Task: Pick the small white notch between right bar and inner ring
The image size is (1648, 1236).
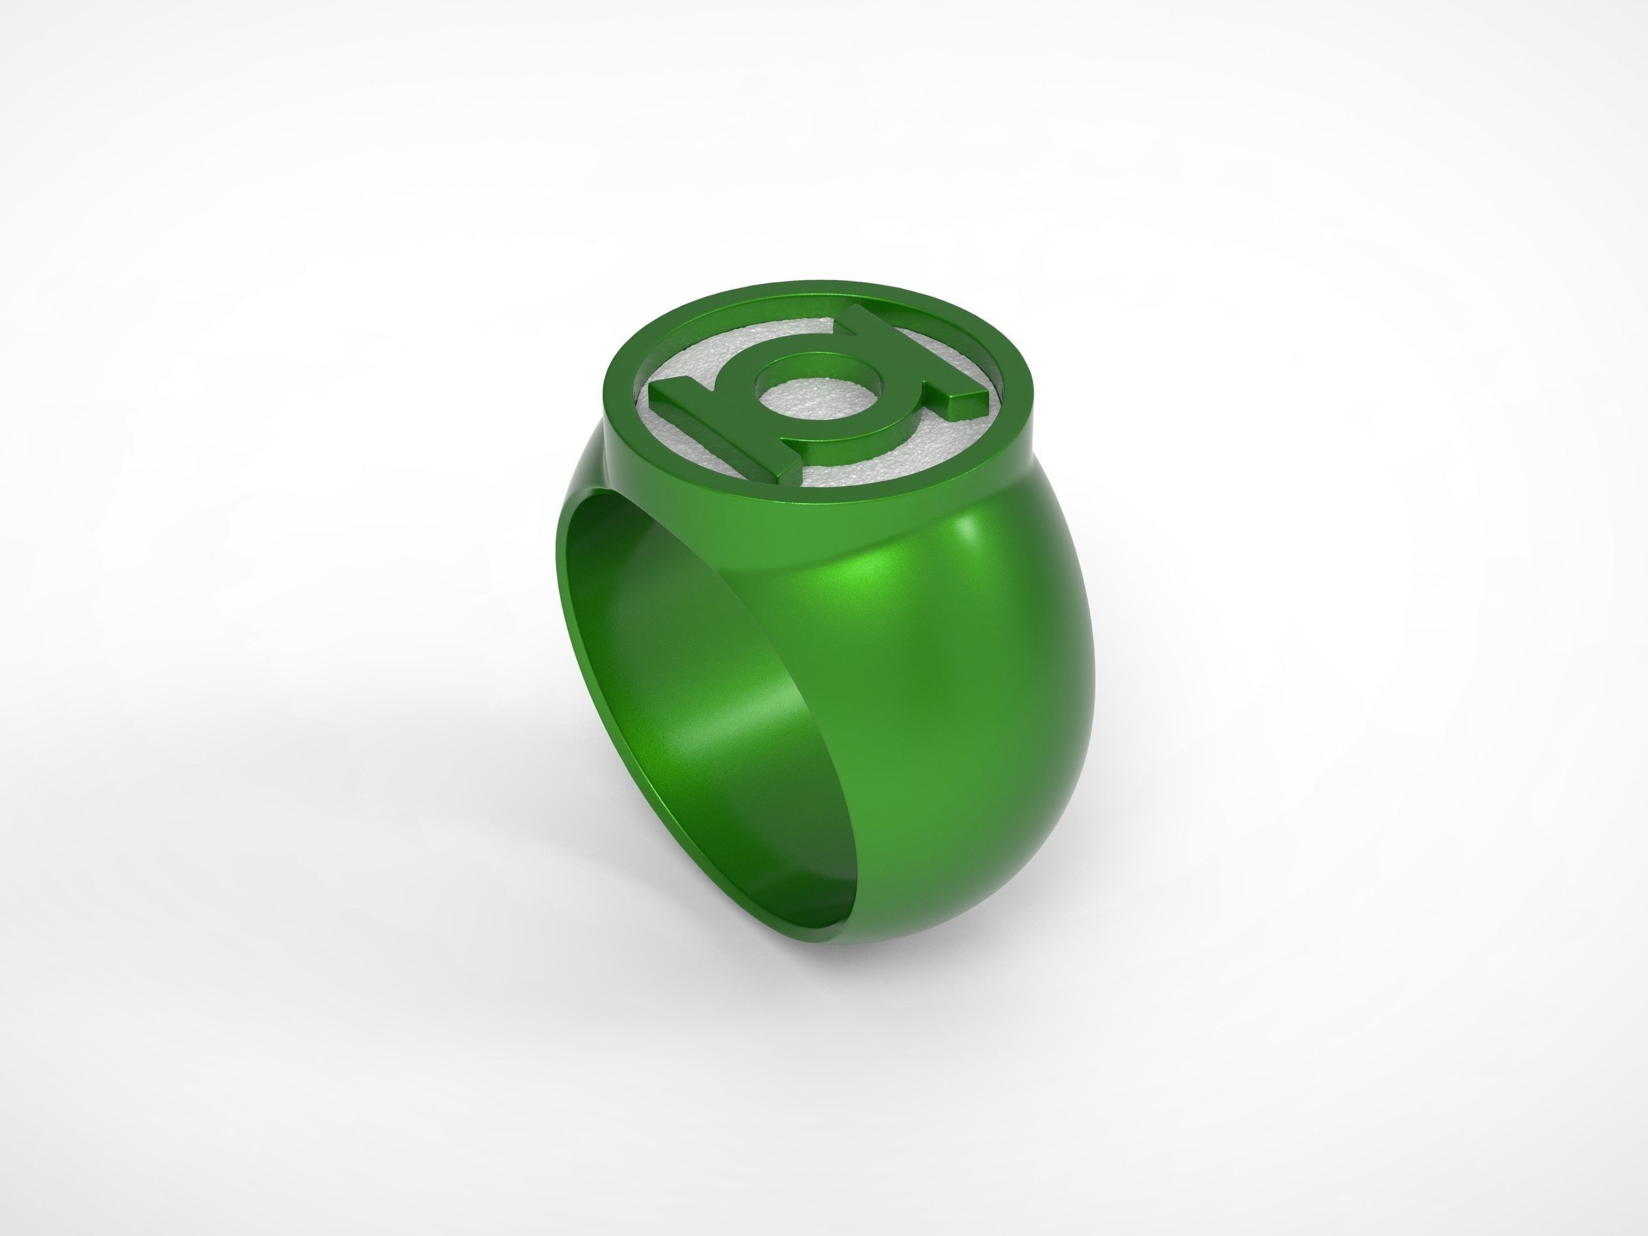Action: click(913, 372)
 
